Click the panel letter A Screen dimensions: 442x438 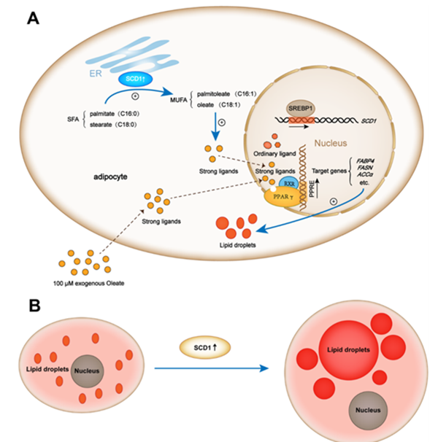(x=33, y=18)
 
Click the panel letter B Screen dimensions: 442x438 (x=33, y=303)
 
